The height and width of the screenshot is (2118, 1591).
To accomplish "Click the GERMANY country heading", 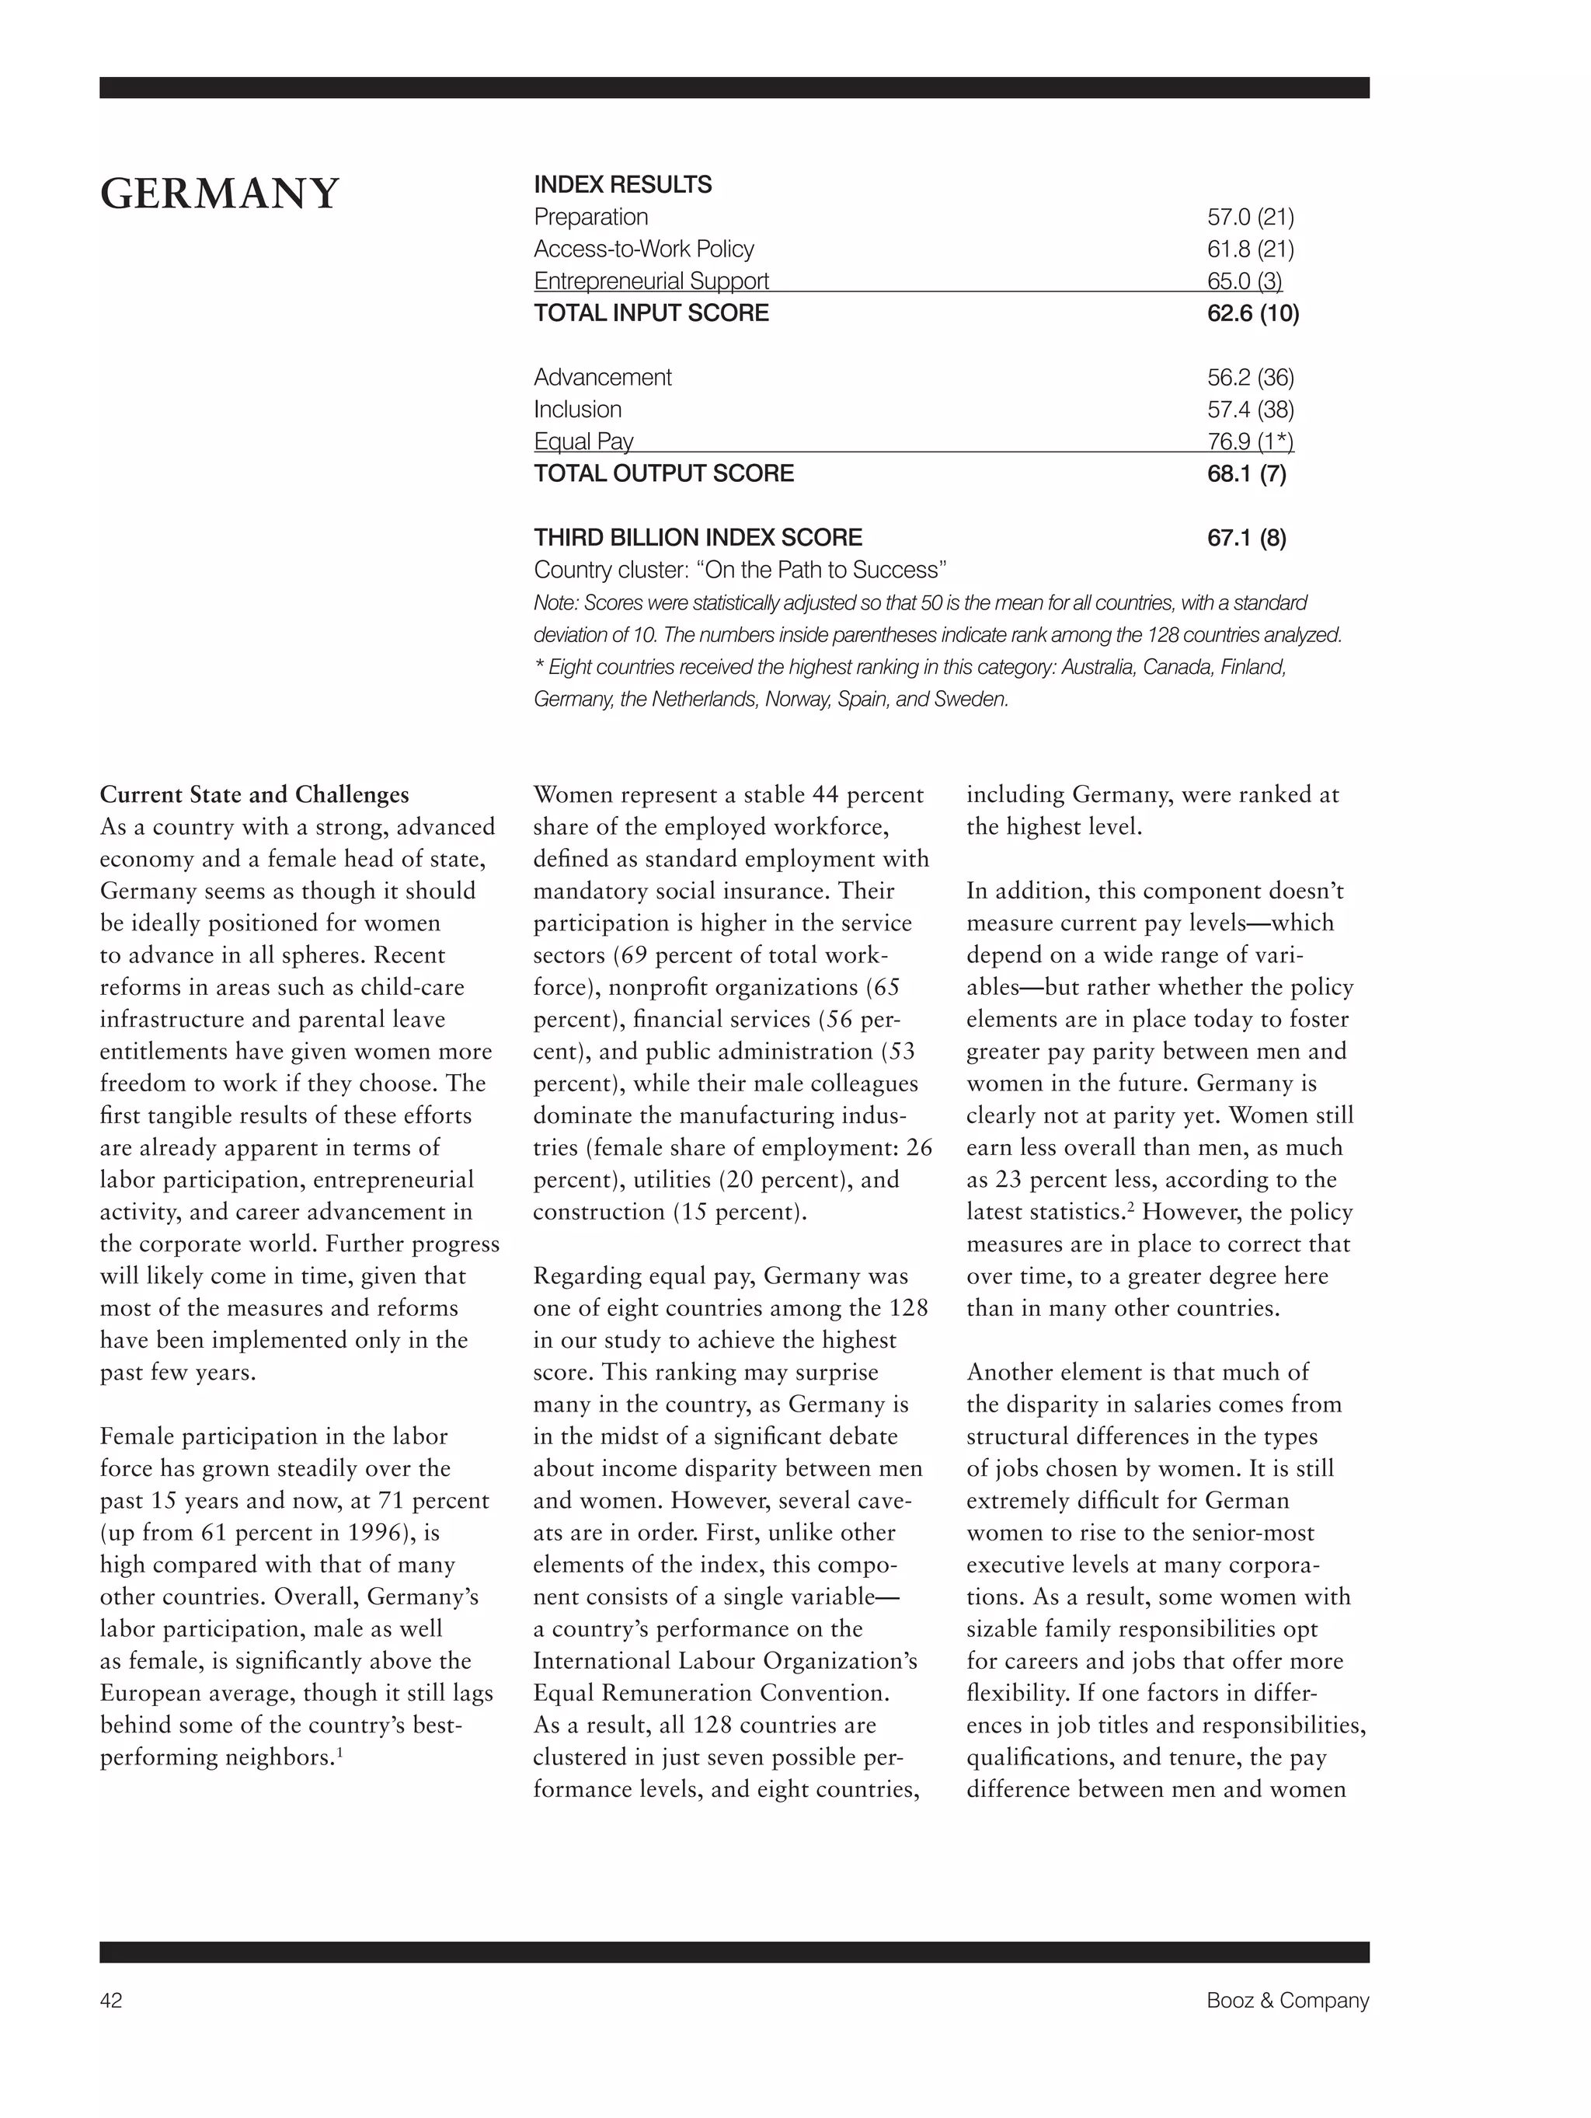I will [x=219, y=194].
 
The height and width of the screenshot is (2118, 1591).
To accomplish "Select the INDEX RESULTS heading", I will [x=622, y=184].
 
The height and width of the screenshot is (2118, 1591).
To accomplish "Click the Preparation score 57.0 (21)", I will [x=1250, y=218].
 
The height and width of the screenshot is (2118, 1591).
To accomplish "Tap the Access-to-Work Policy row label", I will [x=643, y=249].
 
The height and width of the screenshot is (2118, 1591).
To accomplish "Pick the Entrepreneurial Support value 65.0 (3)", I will [x=1244, y=281].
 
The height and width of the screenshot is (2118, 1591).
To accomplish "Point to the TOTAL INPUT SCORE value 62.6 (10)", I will [x=1252, y=313].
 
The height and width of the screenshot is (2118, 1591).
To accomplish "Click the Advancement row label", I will [x=602, y=377].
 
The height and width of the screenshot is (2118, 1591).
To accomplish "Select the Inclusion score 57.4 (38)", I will [x=1250, y=410].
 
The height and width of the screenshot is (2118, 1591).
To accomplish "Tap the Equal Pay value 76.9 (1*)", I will [x=1250, y=441].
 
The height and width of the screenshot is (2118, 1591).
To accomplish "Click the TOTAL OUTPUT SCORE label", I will [x=663, y=473].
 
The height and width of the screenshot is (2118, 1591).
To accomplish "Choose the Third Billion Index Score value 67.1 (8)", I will [x=1246, y=537].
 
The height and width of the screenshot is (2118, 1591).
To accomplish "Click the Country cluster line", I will [x=739, y=570].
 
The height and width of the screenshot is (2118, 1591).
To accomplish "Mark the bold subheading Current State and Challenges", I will [x=254, y=794].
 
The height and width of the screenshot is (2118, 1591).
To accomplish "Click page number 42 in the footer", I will [x=111, y=2000].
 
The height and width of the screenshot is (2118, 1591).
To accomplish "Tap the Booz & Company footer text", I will [x=1286, y=2000].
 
